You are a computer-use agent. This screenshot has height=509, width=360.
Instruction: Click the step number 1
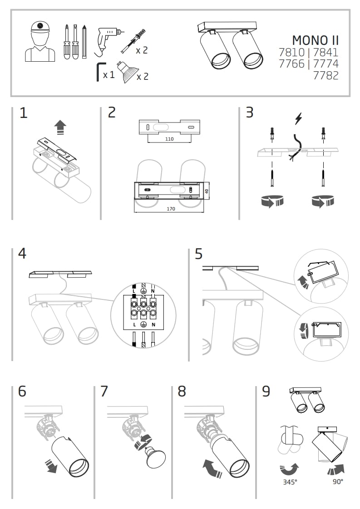pos(24,113)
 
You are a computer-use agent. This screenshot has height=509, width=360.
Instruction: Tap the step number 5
pos(198,254)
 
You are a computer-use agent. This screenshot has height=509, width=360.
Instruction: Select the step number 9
pos(266,391)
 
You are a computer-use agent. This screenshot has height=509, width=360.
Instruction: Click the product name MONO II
pos(315,40)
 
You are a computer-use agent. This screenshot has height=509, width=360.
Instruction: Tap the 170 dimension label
pos(170,209)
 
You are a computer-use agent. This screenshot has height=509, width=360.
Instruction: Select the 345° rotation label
pos(290,482)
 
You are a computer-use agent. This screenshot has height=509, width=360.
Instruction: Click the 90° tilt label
pos(337,482)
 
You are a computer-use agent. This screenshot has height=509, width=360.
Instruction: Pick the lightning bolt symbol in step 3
pos(298,119)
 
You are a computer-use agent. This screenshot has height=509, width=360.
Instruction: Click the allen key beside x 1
pos(99,72)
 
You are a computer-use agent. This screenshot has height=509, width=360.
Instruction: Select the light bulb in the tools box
pos(126,74)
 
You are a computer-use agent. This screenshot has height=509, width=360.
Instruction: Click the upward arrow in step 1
pos(59,127)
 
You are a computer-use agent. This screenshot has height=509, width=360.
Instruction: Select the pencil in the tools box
pos(84,42)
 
